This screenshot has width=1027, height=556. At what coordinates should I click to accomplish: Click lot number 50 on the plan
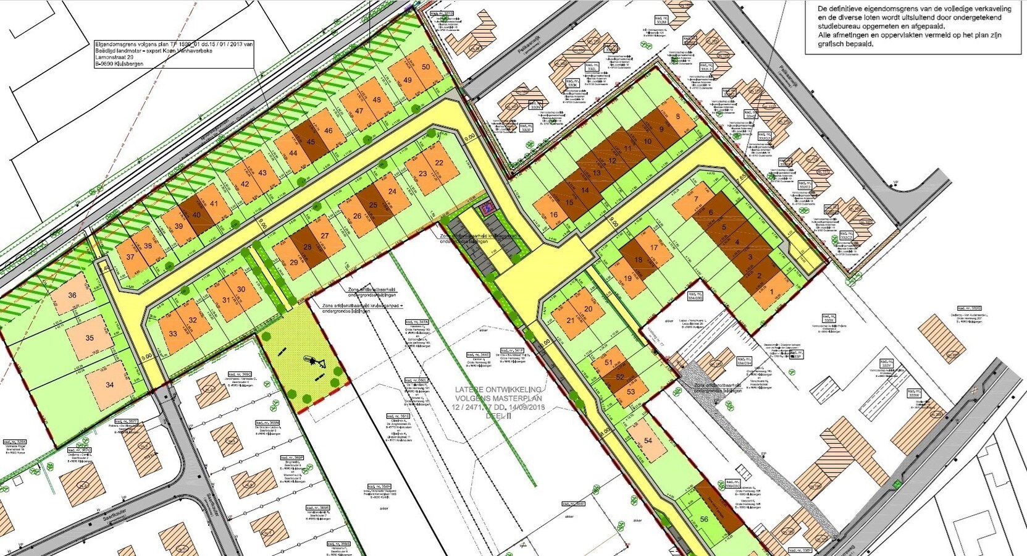(426, 67)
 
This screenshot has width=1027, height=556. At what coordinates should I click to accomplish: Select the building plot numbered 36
(72, 295)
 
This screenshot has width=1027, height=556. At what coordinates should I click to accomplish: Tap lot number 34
(109, 384)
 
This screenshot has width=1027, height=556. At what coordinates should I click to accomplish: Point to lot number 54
(648, 440)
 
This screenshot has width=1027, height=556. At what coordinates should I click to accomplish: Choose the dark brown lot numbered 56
(705, 519)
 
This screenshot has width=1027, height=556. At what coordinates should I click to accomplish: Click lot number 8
(678, 117)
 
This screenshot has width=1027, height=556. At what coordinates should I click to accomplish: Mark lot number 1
(771, 292)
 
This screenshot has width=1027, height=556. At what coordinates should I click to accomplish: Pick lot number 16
(553, 215)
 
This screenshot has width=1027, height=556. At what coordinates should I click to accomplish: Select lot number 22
(439, 163)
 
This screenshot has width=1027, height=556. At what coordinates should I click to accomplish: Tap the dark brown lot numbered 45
(311, 141)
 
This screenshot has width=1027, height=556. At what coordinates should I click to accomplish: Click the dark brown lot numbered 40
(196, 215)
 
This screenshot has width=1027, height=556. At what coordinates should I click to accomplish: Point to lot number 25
(373, 205)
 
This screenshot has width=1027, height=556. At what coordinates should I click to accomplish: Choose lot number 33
(173, 334)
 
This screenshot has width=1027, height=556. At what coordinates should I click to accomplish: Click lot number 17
(654, 248)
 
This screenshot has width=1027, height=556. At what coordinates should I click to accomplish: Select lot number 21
(570, 320)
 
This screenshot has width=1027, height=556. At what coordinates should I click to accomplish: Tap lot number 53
(631, 391)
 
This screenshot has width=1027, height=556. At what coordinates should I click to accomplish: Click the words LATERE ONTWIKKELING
(498, 390)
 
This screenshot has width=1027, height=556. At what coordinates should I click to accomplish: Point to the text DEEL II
(496, 416)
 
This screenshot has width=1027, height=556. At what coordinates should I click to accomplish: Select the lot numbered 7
(695, 199)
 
